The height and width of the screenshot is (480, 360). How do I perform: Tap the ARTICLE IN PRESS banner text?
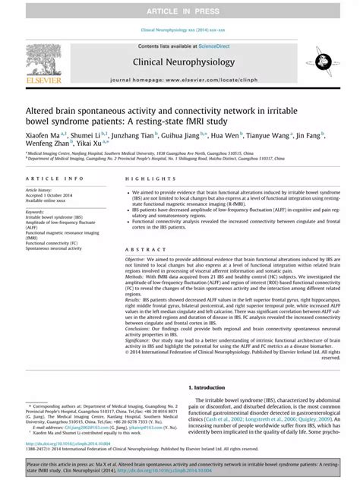[180, 11]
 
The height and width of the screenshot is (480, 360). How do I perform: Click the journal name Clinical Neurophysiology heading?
[180, 65]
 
